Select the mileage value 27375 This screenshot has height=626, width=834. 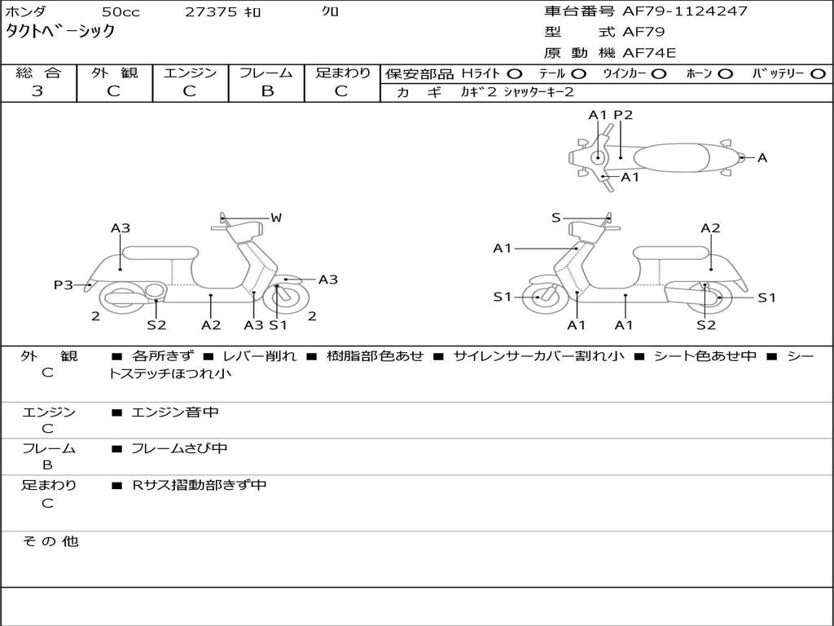[211, 11]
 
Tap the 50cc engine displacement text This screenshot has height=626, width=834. [120, 11]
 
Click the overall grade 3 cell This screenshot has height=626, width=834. [38, 91]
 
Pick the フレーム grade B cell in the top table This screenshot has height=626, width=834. [266, 91]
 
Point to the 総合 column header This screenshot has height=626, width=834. [38, 73]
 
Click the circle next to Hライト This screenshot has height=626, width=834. [515, 74]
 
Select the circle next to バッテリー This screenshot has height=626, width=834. [818, 74]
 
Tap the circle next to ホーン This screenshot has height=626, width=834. [725, 74]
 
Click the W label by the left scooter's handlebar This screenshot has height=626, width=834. [276, 218]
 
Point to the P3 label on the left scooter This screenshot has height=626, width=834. [64, 284]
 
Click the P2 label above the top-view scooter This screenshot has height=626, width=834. [623, 115]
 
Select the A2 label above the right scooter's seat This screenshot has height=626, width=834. [710, 228]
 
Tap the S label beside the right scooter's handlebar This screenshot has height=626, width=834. [555, 218]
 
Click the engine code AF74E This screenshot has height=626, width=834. [649, 54]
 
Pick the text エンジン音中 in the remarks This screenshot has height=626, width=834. [175, 412]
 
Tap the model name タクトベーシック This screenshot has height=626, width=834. [61, 32]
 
